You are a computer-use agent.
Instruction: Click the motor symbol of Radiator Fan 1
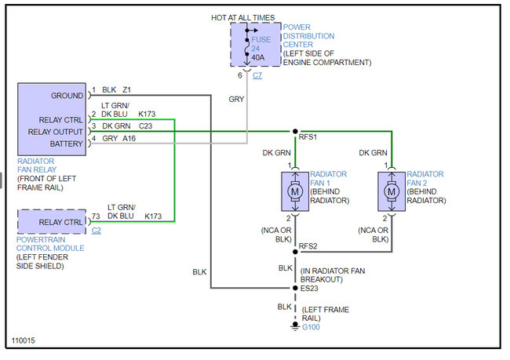(x=295, y=191)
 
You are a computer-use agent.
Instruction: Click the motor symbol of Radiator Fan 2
(x=391, y=191)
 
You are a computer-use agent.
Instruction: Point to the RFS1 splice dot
(x=295, y=132)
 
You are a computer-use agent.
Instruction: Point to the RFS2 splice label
(x=308, y=246)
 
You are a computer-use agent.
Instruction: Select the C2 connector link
(x=97, y=231)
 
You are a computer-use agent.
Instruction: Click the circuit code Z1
(x=126, y=90)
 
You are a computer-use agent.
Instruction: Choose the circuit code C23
(x=147, y=125)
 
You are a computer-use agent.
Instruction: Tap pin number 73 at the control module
(x=96, y=216)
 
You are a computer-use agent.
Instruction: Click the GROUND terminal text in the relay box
(x=67, y=96)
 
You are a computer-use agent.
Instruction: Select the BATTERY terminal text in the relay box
(x=67, y=144)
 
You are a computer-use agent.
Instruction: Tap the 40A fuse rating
(x=257, y=56)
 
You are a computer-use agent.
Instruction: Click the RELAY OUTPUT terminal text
(x=56, y=132)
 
